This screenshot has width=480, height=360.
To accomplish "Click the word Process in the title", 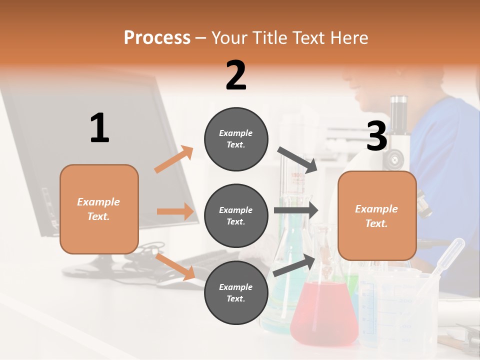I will click(x=157, y=38).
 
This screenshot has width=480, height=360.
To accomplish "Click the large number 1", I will click(x=99, y=128).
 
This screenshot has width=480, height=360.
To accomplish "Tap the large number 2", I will click(x=236, y=75).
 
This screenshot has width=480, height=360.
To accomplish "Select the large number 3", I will click(x=376, y=136).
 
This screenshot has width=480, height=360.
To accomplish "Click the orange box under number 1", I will click(x=99, y=209).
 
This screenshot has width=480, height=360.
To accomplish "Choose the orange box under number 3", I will click(x=377, y=215).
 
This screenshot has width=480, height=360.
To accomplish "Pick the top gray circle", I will click(x=236, y=139).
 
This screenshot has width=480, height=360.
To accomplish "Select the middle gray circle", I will click(x=236, y=215).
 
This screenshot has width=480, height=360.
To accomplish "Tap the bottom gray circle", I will click(x=236, y=292).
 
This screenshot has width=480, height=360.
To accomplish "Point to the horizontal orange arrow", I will click(x=175, y=211).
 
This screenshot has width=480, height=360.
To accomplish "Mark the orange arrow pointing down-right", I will click(x=175, y=266).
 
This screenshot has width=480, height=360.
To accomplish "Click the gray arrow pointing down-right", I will click(x=297, y=159).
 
